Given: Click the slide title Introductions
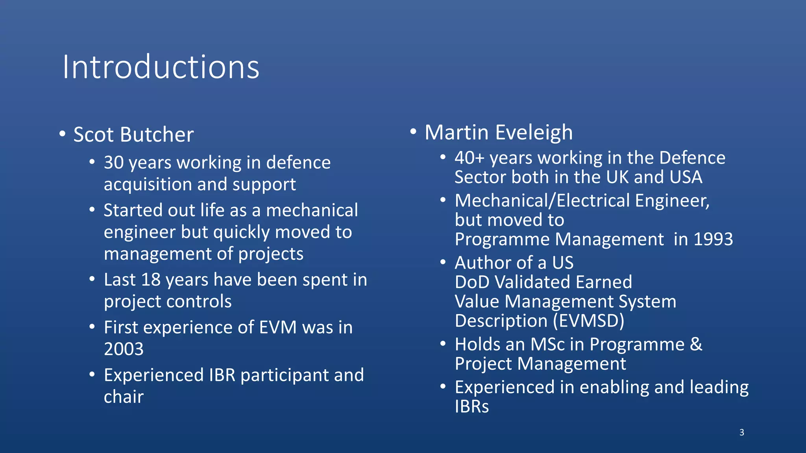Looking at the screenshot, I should click(161, 67).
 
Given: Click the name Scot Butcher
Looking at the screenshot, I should click(133, 135).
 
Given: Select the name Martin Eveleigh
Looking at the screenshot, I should click(499, 133).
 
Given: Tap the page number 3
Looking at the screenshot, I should click(741, 433).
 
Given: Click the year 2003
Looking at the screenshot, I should click(124, 349).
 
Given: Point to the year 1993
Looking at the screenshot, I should click(713, 239).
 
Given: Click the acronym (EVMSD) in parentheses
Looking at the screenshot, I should click(588, 321).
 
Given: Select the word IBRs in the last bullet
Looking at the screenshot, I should click(471, 407).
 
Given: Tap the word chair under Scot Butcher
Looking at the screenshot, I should click(124, 397).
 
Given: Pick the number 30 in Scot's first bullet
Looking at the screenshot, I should click(114, 163).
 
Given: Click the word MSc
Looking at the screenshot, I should click(547, 344).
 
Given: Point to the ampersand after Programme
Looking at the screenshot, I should click(696, 344).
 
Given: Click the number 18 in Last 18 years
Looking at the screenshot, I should click(151, 280).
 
